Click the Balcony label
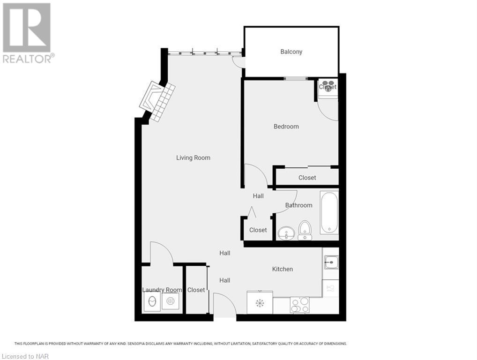pos(291,52)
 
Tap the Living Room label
pos(193,157)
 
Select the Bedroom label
pos(286,126)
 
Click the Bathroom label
pos(298,205)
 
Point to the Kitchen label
pos(283,269)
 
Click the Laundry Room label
pos(161,290)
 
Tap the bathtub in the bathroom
pos(329,213)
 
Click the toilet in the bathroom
pos(305,230)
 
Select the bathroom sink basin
pos(286,233)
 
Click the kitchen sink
pos(331,262)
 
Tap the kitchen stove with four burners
pos(299,305)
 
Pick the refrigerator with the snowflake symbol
pos(260,303)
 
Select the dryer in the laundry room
pos(171,302)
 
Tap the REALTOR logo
pos(27,33)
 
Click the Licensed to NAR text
pos(25,356)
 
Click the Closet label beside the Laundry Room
pos(196,290)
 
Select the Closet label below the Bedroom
pos(307,178)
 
